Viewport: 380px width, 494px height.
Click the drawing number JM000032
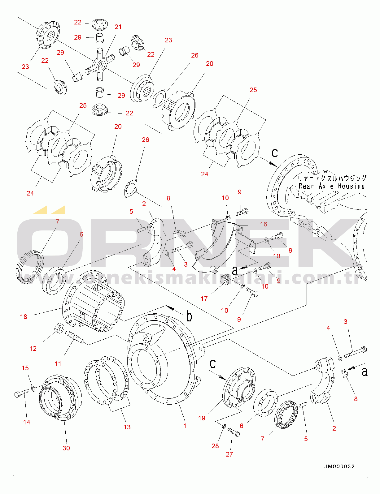coord(339,466)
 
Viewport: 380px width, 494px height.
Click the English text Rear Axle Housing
coord(331,186)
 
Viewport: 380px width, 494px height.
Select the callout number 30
coord(66,448)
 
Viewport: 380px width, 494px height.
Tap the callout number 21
coord(118,27)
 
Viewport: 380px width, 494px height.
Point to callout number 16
coord(264,224)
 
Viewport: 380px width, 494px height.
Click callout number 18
coord(24,316)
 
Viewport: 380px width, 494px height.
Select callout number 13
coord(127,427)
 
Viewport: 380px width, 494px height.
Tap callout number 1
coord(185,426)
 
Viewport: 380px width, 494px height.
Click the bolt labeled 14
coord(21,394)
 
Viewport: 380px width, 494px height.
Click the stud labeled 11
coord(74,337)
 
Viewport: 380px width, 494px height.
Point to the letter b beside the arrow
coord(189,316)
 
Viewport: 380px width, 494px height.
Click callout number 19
coord(202,418)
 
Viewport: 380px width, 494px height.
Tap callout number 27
coord(229,454)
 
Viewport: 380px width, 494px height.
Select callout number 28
coord(215,446)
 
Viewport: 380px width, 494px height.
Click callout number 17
coord(204,299)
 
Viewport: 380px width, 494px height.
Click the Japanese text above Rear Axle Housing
coord(332,178)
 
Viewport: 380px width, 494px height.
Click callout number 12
coord(33,348)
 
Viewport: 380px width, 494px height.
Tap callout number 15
coord(25,368)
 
